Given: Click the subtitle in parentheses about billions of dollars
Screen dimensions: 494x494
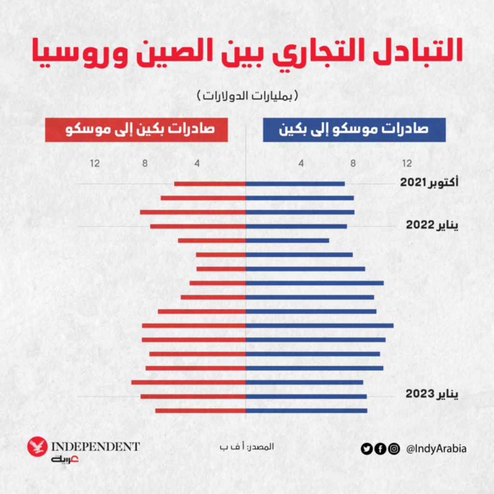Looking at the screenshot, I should tap(247, 95).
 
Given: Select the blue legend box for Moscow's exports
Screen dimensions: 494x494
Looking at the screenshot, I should tap(354, 131).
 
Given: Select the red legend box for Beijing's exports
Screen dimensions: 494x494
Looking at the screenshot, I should tap(137, 131).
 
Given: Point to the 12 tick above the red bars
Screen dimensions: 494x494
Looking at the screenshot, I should tap(95, 163).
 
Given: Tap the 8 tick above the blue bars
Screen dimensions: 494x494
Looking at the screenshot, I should tap(353, 163).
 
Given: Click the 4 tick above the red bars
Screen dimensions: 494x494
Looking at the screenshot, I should tap(197, 163).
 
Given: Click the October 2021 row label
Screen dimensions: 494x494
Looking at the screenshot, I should tap(429, 183).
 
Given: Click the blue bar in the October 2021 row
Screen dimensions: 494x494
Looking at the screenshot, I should tap(295, 183).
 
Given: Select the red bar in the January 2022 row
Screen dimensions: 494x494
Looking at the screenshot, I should tap(198, 226).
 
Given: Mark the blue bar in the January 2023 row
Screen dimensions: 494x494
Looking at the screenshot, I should tap(306, 397).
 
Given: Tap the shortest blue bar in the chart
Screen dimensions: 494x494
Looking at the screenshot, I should tap(288, 240).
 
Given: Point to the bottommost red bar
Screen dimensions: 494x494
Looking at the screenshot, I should tap(200, 411).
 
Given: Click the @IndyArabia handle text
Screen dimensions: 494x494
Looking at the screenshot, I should tap(437, 449).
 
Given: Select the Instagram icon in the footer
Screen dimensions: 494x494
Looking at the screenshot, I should tap(394, 449).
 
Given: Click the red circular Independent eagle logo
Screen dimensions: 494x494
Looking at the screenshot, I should tap(37, 447).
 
